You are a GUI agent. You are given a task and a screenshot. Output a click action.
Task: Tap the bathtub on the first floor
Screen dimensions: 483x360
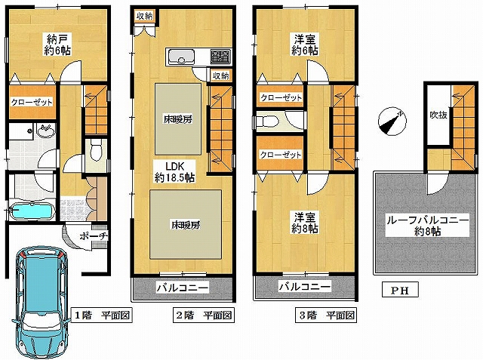pos(32,212)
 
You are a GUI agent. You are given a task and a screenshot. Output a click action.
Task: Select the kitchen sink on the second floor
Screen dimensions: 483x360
pos(180,57)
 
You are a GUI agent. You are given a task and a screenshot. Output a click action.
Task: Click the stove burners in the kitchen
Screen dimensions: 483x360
pos(220,57)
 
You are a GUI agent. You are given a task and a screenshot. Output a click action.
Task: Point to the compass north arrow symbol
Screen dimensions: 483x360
pos(392,122)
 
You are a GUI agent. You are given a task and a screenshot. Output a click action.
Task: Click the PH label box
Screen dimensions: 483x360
pos(400,290)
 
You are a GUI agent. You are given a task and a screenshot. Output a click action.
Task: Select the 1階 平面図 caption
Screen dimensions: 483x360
pos(102,315)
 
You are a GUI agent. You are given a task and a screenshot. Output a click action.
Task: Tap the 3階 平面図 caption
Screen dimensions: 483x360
pos(326,315)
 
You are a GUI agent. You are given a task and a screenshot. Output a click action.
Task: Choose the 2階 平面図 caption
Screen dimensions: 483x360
pos(204,315)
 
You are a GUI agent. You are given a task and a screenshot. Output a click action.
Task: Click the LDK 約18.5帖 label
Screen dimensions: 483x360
pos(174,172)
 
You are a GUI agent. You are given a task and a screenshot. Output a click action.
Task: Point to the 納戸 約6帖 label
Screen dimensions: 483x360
pos(57,45)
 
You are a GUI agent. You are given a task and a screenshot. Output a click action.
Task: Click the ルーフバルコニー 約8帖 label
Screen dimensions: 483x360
pos(428,226)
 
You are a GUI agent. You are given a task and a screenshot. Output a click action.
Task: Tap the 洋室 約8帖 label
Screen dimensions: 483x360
pos(304,223)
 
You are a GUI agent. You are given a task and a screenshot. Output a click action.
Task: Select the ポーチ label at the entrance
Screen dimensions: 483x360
pos(94,236)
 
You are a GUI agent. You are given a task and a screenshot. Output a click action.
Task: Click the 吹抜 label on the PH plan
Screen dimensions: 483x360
pos(438,115)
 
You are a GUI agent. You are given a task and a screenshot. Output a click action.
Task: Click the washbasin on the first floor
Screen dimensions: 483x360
pos(46,131)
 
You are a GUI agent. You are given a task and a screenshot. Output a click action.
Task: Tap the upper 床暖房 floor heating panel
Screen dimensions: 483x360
pos(178,119)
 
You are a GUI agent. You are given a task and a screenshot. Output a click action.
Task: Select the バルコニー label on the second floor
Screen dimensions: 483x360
pos(183,288)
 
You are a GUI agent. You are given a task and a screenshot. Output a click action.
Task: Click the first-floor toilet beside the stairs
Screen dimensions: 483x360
pos(96,150)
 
